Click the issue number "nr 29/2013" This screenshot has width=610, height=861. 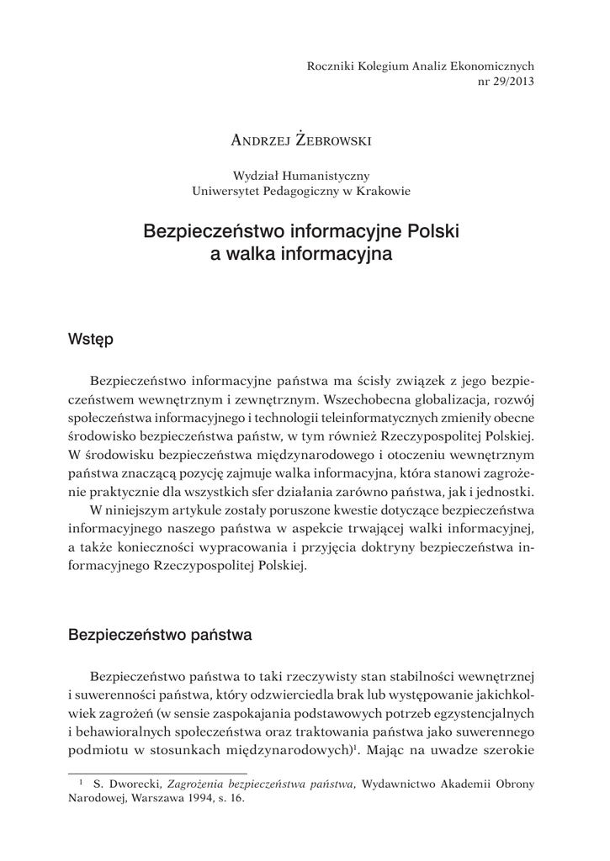505,81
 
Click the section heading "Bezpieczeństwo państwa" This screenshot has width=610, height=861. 160,636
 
